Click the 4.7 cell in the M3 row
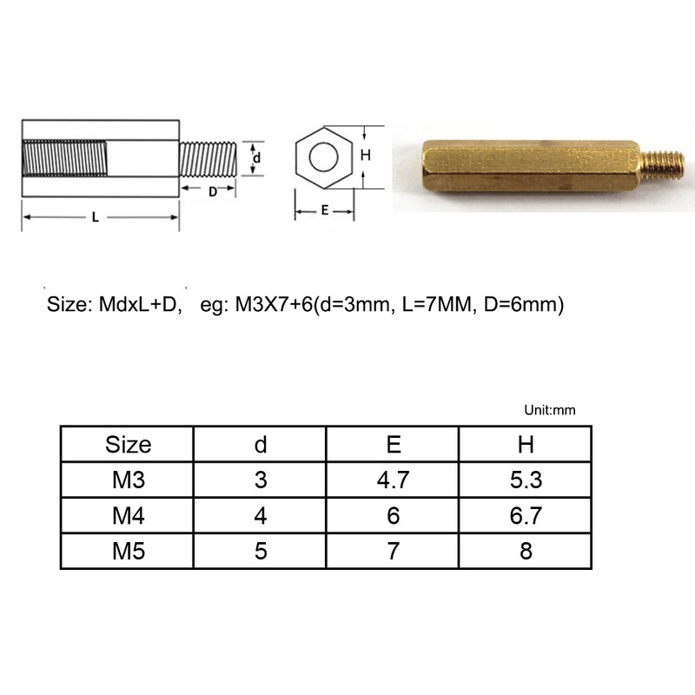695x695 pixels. (393, 480)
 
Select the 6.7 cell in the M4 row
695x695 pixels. (526, 516)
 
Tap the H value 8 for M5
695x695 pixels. (526, 552)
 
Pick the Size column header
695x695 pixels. (128, 445)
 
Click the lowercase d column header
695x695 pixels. (260, 445)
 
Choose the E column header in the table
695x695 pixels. (393, 445)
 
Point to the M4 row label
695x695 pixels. (128, 516)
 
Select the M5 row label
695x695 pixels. (128, 552)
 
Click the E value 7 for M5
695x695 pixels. (393, 552)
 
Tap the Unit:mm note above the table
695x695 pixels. (551, 410)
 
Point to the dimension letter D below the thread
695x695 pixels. (213, 193)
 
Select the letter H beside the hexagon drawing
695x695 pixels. (366, 156)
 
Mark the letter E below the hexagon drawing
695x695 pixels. (324, 210)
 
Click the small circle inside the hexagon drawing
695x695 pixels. (323, 157)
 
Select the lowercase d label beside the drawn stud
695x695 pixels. (257, 157)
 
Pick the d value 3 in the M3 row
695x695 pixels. (260, 480)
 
